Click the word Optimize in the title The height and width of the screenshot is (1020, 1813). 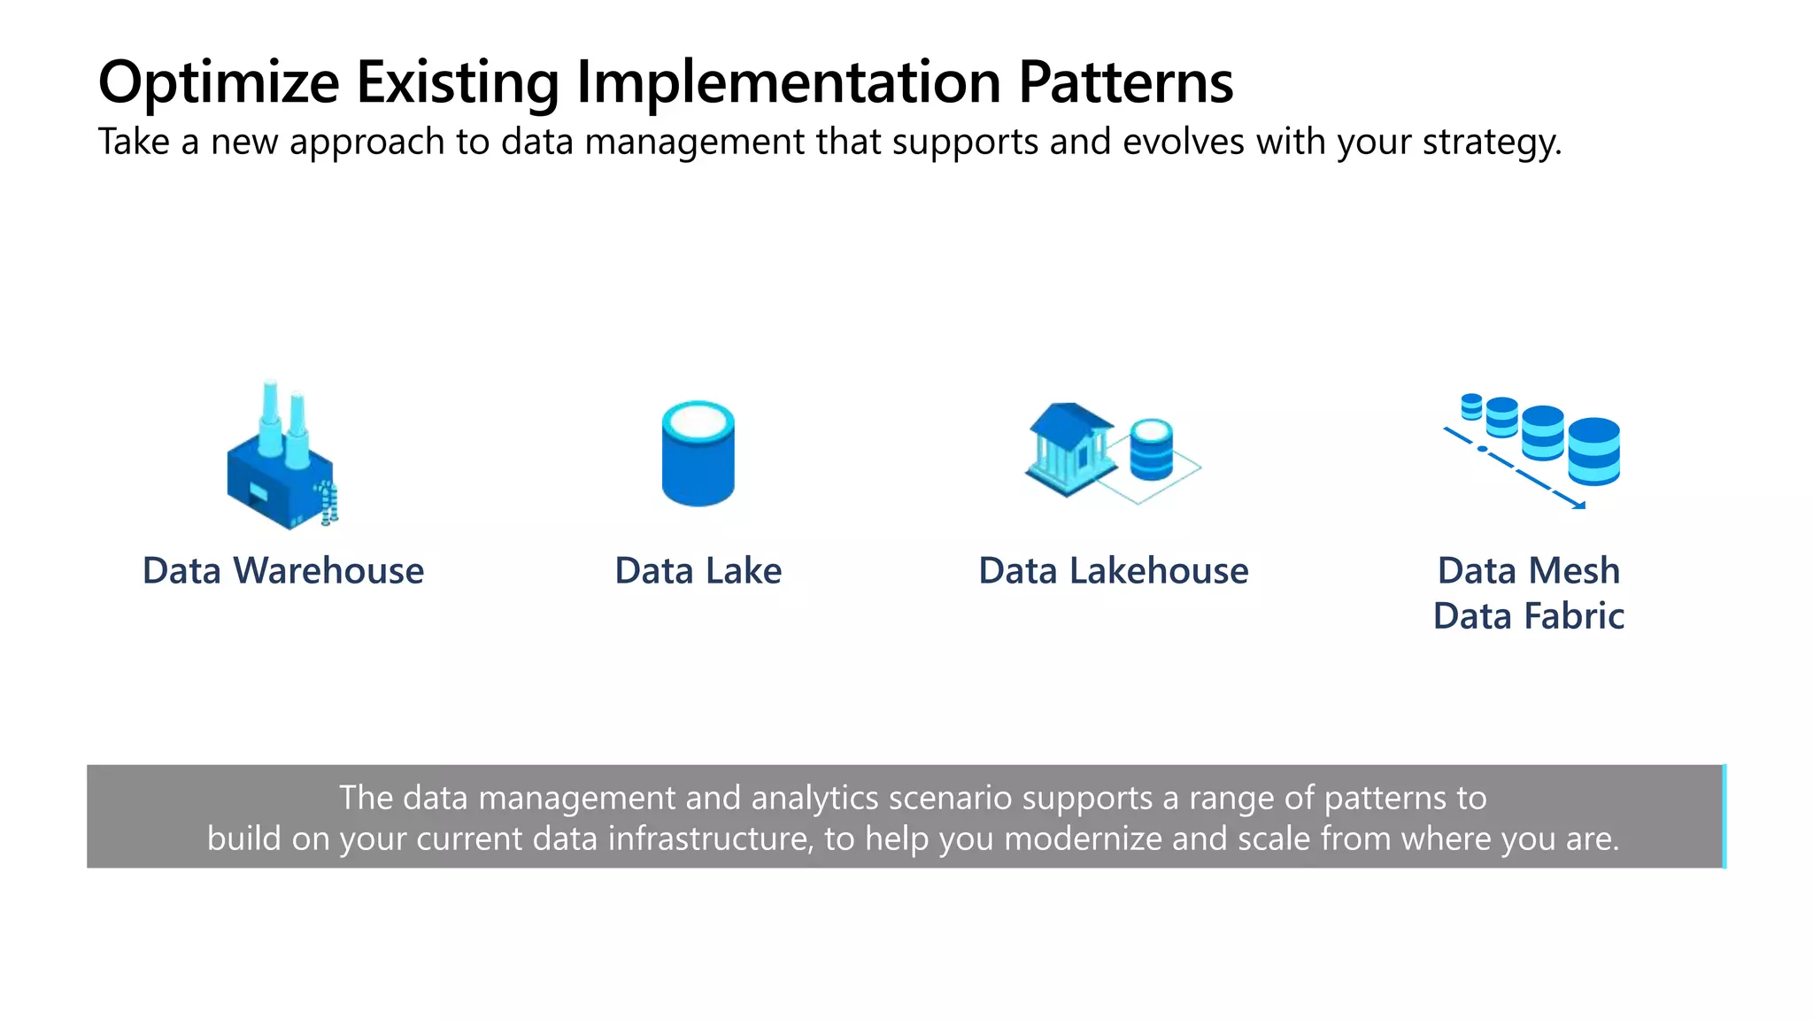click(219, 83)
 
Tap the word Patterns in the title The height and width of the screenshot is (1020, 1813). click(1125, 83)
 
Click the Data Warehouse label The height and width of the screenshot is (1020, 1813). click(283, 571)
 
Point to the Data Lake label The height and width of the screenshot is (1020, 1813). click(698, 571)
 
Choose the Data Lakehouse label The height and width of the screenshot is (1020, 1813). click(1114, 571)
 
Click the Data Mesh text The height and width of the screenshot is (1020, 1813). click(1529, 571)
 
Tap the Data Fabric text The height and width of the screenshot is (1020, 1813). click(1529, 616)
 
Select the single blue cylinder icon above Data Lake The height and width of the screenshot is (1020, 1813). click(698, 453)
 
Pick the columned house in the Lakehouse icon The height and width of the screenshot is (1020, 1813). click(1069, 448)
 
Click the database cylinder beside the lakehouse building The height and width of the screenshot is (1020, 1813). click(1151, 449)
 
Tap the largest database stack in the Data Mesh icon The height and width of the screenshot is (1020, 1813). click(1593, 452)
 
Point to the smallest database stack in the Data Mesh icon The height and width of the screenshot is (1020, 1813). click(1471, 406)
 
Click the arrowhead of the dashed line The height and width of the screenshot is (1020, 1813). click(1578, 506)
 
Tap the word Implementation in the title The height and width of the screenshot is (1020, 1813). click(788, 83)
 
